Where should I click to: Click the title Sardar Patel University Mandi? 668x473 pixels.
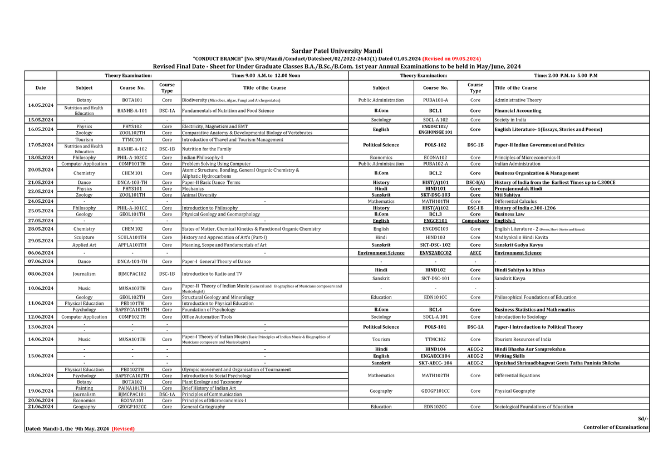[x=334, y=51]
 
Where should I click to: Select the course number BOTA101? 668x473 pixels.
[x=132, y=100]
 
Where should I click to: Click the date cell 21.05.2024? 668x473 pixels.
[x=41, y=182]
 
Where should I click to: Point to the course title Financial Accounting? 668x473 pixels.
[x=518, y=111]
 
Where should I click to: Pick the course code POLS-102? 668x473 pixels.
[x=435, y=145]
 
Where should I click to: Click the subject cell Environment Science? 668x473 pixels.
[x=381, y=253]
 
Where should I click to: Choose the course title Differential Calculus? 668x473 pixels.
[x=514, y=201]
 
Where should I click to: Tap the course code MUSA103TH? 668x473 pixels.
[x=132, y=288]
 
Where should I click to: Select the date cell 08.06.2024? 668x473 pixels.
[x=41, y=274]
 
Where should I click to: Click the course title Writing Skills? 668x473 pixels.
[x=509, y=356]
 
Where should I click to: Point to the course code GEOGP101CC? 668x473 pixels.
[x=435, y=391]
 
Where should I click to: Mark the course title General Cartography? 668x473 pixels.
[x=204, y=407]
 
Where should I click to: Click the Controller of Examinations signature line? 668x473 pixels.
[x=616, y=427]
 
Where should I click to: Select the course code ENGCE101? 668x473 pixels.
[x=435, y=221]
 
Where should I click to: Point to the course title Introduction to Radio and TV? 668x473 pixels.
[x=212, y=274]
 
